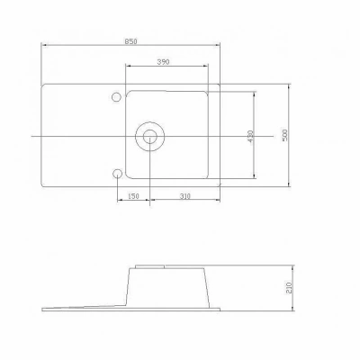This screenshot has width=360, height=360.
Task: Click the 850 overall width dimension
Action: [130, 41]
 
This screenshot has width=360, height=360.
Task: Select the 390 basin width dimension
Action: [163, 62]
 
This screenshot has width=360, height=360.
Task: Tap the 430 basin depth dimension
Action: [251, 136]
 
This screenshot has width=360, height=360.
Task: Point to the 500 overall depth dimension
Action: [285, 135]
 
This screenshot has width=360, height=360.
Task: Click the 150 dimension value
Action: [133, 196]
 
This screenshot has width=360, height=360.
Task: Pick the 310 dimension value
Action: [185, 196]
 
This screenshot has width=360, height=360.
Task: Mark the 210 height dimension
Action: [289, 288]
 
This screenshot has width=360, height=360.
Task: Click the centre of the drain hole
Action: [149, 137]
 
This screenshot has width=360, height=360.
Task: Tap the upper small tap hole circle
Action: [116, 97]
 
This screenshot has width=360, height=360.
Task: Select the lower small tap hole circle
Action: [117, 174]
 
